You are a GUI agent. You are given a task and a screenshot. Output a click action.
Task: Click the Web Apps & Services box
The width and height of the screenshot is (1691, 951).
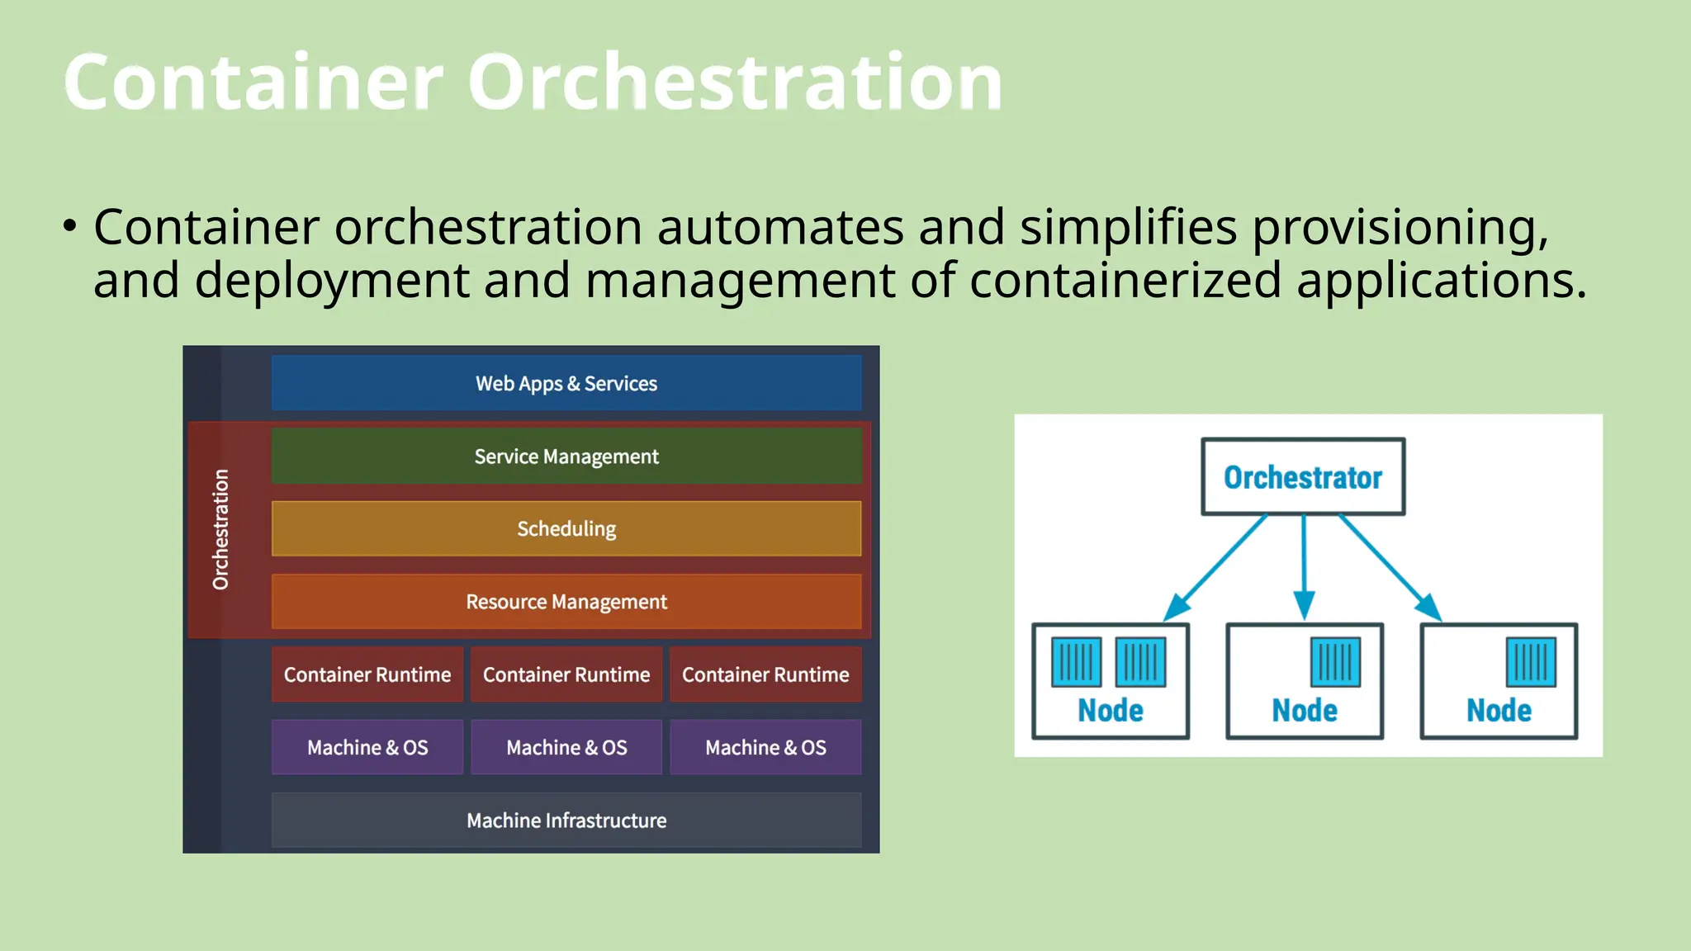coord(566,383)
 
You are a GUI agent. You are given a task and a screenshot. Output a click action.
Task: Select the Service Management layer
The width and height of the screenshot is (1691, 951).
coord(566,456)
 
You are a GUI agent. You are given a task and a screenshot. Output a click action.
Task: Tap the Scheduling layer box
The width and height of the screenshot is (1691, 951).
coord(566,528)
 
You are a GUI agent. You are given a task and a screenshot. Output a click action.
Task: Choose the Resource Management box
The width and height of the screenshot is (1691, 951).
coord(566,601)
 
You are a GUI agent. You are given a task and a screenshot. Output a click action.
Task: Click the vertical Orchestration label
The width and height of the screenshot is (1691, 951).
coord(220,529)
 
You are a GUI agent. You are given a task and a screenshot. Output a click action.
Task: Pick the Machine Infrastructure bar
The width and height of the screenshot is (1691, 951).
coord(566,820)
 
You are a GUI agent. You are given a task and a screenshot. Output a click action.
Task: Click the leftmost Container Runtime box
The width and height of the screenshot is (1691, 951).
coord(367,674)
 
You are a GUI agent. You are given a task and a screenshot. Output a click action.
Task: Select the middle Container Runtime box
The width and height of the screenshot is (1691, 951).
coord(566,674)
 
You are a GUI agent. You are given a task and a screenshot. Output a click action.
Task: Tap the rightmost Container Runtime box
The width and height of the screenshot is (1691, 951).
coord(765,674)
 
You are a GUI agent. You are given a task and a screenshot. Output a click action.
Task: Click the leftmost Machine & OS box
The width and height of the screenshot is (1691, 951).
coord(367,747)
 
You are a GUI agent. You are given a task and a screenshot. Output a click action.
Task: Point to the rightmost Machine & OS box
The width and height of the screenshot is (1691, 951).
coord(765,747)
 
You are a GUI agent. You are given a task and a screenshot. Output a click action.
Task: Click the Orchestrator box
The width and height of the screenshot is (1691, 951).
coord(1303,477)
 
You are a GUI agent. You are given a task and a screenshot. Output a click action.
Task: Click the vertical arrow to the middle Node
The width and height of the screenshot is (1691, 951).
coord(1304,565)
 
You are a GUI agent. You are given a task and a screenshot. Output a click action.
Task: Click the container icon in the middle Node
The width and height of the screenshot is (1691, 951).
coord(1335,662)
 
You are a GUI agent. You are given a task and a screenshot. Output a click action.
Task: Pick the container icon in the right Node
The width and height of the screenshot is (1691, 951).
coord(1531,662)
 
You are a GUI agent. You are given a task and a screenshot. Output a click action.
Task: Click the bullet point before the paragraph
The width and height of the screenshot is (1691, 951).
coord(70,225)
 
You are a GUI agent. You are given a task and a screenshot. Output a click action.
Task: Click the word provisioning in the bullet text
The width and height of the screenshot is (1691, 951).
coord(1400,227)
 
